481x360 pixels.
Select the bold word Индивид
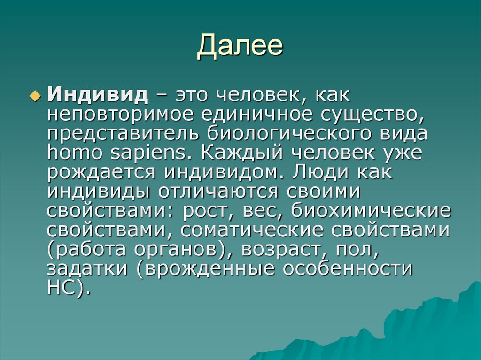tap(97, 96)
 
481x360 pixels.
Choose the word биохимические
tap(371, 211)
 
